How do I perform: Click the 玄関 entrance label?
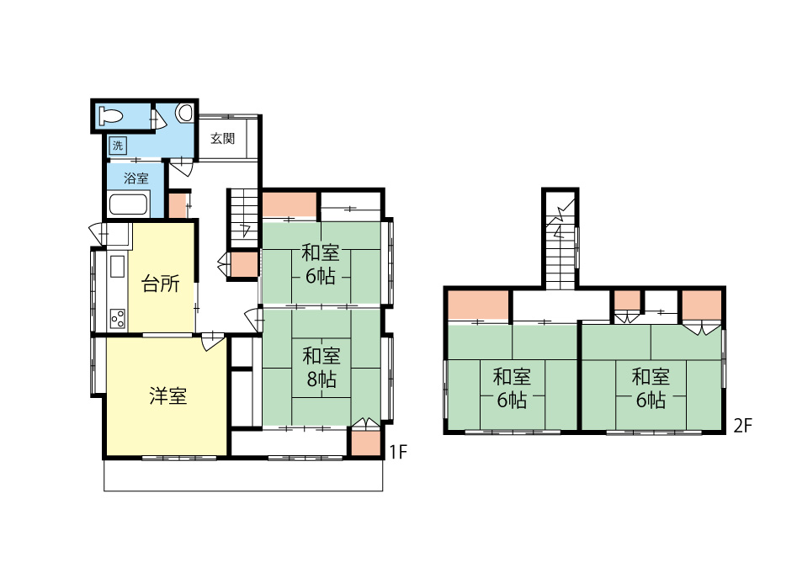pyautogui.click(x=223, y=138)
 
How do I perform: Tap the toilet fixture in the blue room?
pyautogui.click(x=110, y=116)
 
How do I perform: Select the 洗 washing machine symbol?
pyautogui.click(x=118, y=146)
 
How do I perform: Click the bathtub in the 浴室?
pyautogui.click(x=129, y=204)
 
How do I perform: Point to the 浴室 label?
pyautogui.click(x=136, y=178)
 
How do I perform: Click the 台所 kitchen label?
pyautogui.click(x=161, y=284)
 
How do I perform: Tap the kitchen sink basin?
pyautogui.click(x=118, y=266)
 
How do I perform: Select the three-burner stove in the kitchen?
pyautogui.click(x=118, y=319)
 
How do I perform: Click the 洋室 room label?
pyautogui.click(x=168, y=395)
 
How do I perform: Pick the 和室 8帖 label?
pyautogui.click(x=321, y=367)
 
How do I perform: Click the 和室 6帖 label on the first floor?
pyautogui.click(x=320, y=264)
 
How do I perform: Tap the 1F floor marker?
pyautogui.click(x=398, y=452)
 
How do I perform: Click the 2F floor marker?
pyautogui.click(x=742, y=426)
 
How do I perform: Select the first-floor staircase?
pyautogui.click(x=245, y=219)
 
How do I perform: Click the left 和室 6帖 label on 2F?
pyautogui.click(x=512, y=389)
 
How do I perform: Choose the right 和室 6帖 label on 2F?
pyautogui.click(x=651, y=389)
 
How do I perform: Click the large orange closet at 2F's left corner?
pyautogui.click(x=478, y=305)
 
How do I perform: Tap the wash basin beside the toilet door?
pyautogui.click(x=185, y=113)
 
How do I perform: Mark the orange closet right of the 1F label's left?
pyautogui.click(x=366, y=443)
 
